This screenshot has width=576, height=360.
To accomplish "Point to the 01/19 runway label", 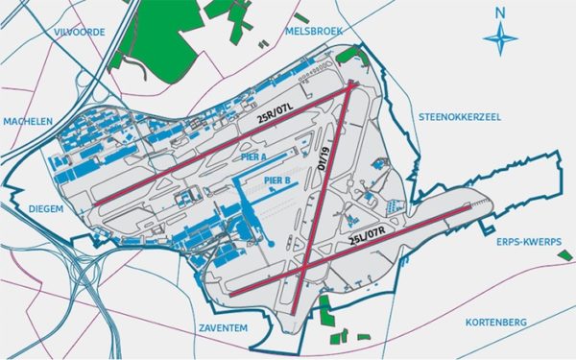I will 324,154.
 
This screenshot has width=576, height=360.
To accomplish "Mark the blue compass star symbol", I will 499,40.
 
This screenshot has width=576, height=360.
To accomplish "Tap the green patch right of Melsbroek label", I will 346,55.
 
